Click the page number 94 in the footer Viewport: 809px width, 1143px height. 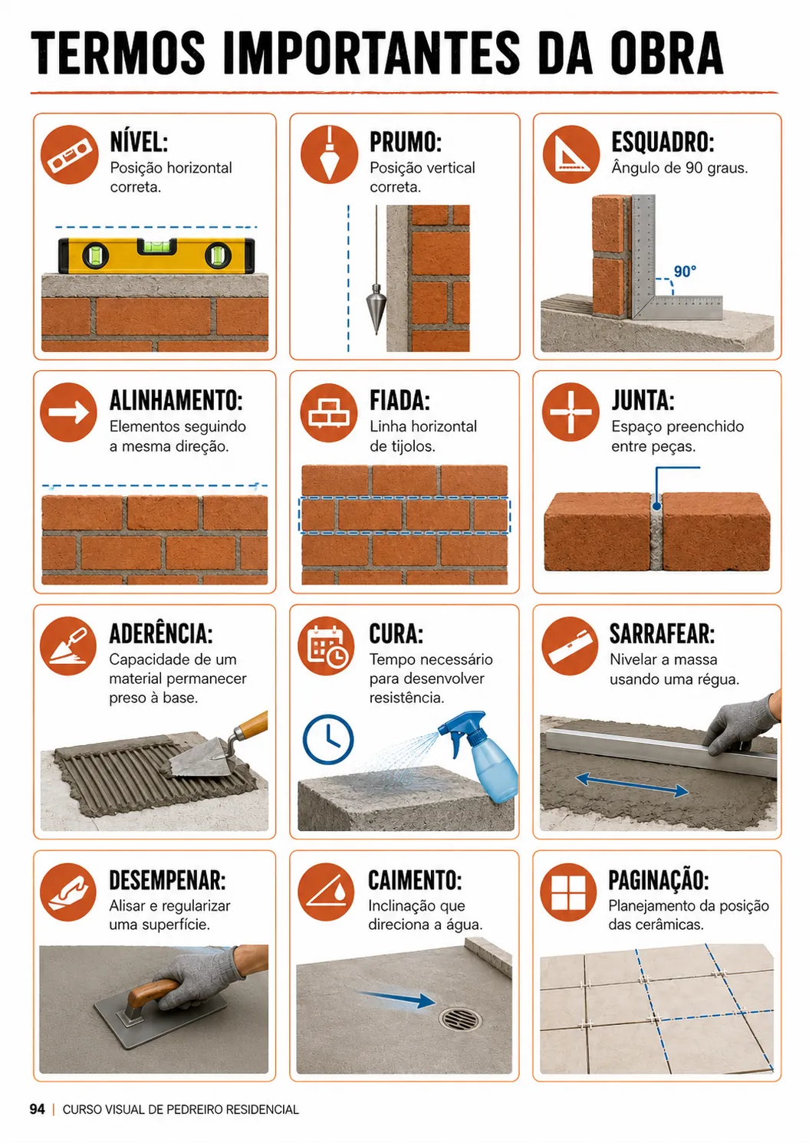[x=38, y=1109]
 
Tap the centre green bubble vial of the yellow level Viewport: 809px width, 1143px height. [x=156, y=247]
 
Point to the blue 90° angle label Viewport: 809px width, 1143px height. [x=685, y=271]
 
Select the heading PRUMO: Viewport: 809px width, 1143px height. [x=406, y=143]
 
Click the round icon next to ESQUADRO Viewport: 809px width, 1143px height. [x=571, y=155]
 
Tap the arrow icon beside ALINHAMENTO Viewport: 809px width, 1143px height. [x=68, y=412]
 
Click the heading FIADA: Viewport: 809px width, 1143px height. [x=400, y=401]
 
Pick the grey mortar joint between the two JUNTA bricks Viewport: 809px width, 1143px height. [x=656, y=532]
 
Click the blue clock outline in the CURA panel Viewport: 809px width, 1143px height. [x=328, y=739]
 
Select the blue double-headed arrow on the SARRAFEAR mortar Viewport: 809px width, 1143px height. [x=632, y=785]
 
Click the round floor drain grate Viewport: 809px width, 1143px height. [x=460, y=1020]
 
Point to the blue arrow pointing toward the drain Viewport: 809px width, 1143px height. [x=396, y=998]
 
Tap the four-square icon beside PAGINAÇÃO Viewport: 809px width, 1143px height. [x=568, y=892]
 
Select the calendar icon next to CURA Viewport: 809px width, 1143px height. [x=327, y=646]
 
